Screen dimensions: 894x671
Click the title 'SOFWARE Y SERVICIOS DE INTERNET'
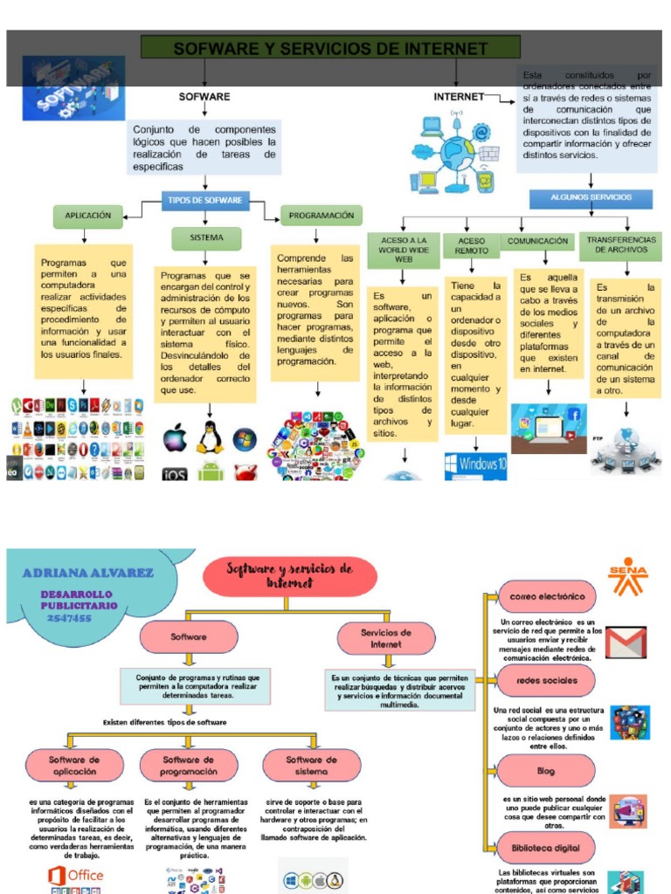coord(329,48)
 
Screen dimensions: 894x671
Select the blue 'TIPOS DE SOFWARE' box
coord(204,201)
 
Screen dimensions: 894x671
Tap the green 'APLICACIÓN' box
coord(87,215)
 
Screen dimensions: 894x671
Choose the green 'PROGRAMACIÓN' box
coord(321,215)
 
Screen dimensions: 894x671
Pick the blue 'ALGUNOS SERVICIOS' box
coord(591,198)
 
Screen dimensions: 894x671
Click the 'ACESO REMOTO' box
coord(471,245)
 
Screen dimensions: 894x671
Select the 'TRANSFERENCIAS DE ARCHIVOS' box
coord(620,244)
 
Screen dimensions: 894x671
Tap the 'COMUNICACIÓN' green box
coord(537,240)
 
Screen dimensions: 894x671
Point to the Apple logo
coord(175,437)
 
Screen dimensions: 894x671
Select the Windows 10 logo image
coord(475,464)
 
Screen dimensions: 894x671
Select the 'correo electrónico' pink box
coord(546,597)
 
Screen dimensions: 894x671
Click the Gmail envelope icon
coord(626,642)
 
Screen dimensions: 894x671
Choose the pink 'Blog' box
coord(546,771)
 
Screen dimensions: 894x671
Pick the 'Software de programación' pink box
coord(189,766)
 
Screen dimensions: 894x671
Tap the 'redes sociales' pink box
coord(546,680)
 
